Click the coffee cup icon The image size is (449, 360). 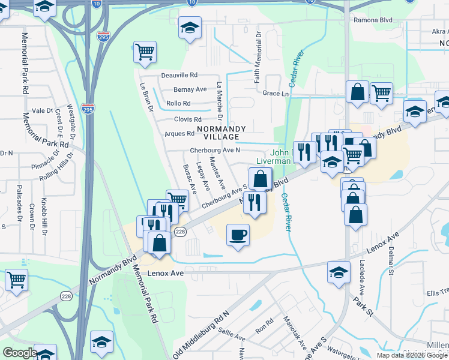238,234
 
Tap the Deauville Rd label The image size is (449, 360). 179,76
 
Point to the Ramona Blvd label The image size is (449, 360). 373,20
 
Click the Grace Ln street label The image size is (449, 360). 276,94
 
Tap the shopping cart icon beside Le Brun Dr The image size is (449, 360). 145,52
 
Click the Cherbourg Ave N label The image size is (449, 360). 215,150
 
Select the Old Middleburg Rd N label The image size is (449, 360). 201,332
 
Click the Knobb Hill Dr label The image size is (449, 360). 44,215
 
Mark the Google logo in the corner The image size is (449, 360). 19,353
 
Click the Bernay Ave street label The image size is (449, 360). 190,89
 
